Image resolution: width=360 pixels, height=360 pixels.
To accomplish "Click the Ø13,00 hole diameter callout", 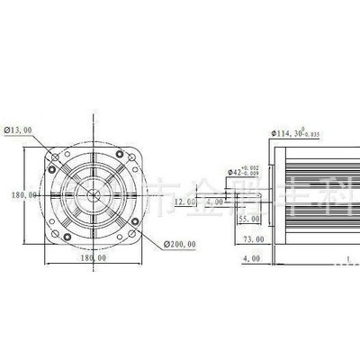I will [x=19, y=130].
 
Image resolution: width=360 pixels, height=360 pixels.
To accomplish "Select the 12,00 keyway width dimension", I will [x=184, y=202].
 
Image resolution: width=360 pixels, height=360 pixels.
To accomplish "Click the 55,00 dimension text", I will [x=249, y=218].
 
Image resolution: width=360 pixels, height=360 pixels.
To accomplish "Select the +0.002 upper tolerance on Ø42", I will [x=256, y=166].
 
